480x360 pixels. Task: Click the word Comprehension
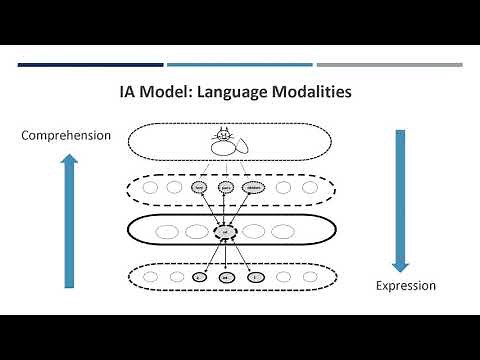point(66,135)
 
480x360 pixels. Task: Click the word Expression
point(406,285)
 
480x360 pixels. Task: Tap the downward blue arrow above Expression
point(399,200)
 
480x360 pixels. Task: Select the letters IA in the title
point(128,93)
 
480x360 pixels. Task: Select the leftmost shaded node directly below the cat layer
point(200,186)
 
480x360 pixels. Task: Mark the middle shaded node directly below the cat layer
point(226,186)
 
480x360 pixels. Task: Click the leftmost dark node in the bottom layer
point(200,275)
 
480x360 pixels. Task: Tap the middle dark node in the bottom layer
point(226,275)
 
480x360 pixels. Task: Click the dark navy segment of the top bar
point(90,65)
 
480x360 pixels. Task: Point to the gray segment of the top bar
point(390,65)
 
